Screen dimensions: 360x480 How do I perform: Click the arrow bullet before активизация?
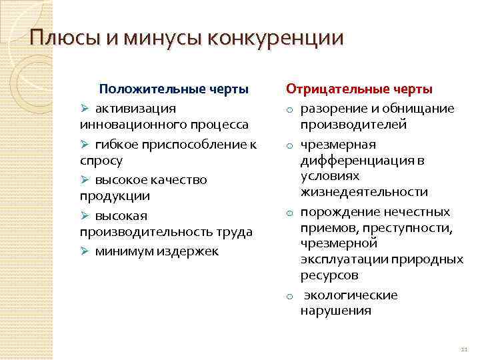tap(85, 108)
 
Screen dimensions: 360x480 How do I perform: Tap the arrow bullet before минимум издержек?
tap(85, 251)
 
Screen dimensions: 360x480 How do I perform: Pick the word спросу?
tap(101, 161)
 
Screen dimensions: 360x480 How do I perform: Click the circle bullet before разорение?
tap(291, 109)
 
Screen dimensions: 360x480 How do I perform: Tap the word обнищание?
tap(417, 108)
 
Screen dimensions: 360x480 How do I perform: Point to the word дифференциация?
tap(354, 160)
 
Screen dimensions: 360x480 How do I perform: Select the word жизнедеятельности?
tap(364, 192)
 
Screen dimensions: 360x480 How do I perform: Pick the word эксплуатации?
tap(343, 259)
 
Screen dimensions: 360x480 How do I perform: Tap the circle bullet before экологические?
tap(291, 296)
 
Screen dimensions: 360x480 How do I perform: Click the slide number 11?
tap(465, 351)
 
